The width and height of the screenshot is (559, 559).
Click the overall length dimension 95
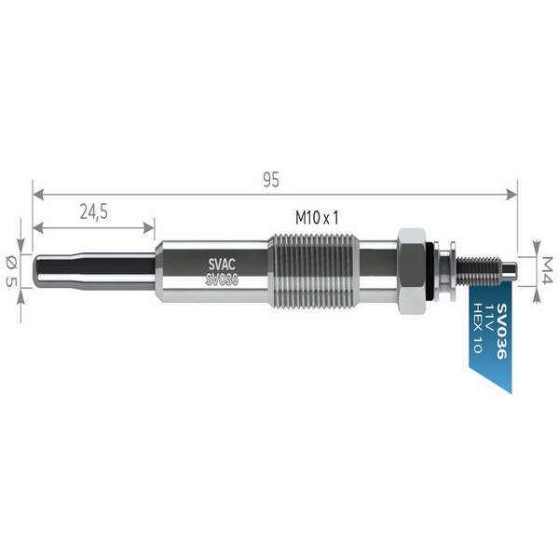(x=271, y=181)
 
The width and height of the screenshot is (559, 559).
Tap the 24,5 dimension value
(x=93, y=211)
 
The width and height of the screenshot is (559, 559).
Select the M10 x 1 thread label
(x=317, y=216)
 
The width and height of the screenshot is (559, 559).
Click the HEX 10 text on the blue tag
(x=476, y=329)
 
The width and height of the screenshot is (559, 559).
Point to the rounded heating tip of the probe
(x=39, y=270)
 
